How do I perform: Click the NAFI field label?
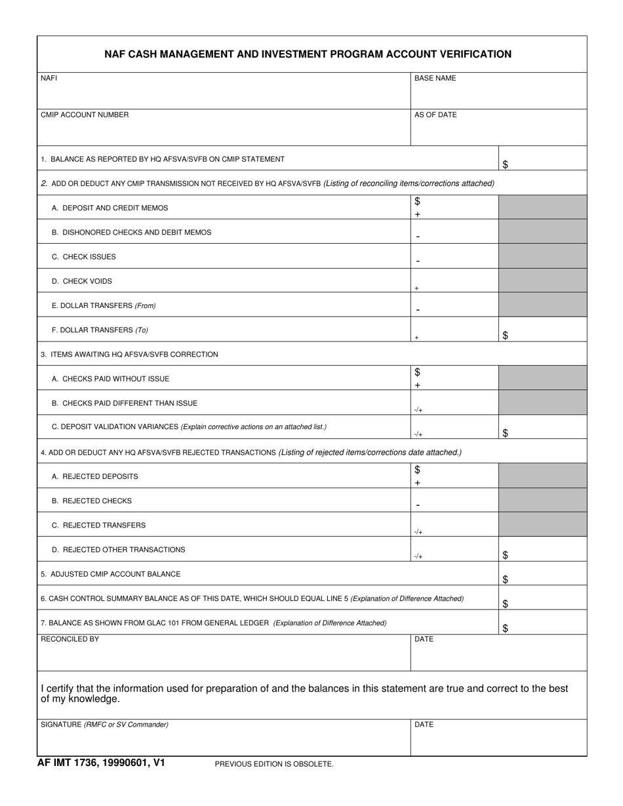[x=49, y=78]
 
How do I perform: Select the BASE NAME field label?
[x=435, y=78]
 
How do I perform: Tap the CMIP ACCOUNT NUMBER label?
[x=85, y=115]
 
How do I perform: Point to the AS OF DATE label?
[x=435, y=115]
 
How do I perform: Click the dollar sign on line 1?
[x=505, y=164]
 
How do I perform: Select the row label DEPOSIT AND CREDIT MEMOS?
[x=110, y=208]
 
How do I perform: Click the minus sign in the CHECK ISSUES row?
[x=418, y=261]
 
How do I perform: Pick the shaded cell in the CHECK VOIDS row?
[x=542, y=280]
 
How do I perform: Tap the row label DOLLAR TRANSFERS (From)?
[x=104, y=305]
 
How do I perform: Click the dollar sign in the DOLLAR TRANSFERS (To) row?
[x=505, y=336]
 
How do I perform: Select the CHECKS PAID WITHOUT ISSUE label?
[x=110, y=379]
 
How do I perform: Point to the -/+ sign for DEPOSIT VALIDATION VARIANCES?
[x=418, y=434]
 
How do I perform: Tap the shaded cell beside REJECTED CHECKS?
[x=542, y=500]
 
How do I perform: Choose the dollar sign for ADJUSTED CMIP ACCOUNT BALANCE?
[x=505, y=579]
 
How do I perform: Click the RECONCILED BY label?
[x=70, y=639]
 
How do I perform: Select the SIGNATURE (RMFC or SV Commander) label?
[x=104, y=724]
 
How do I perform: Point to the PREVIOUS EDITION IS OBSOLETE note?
[x=274, y=764]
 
